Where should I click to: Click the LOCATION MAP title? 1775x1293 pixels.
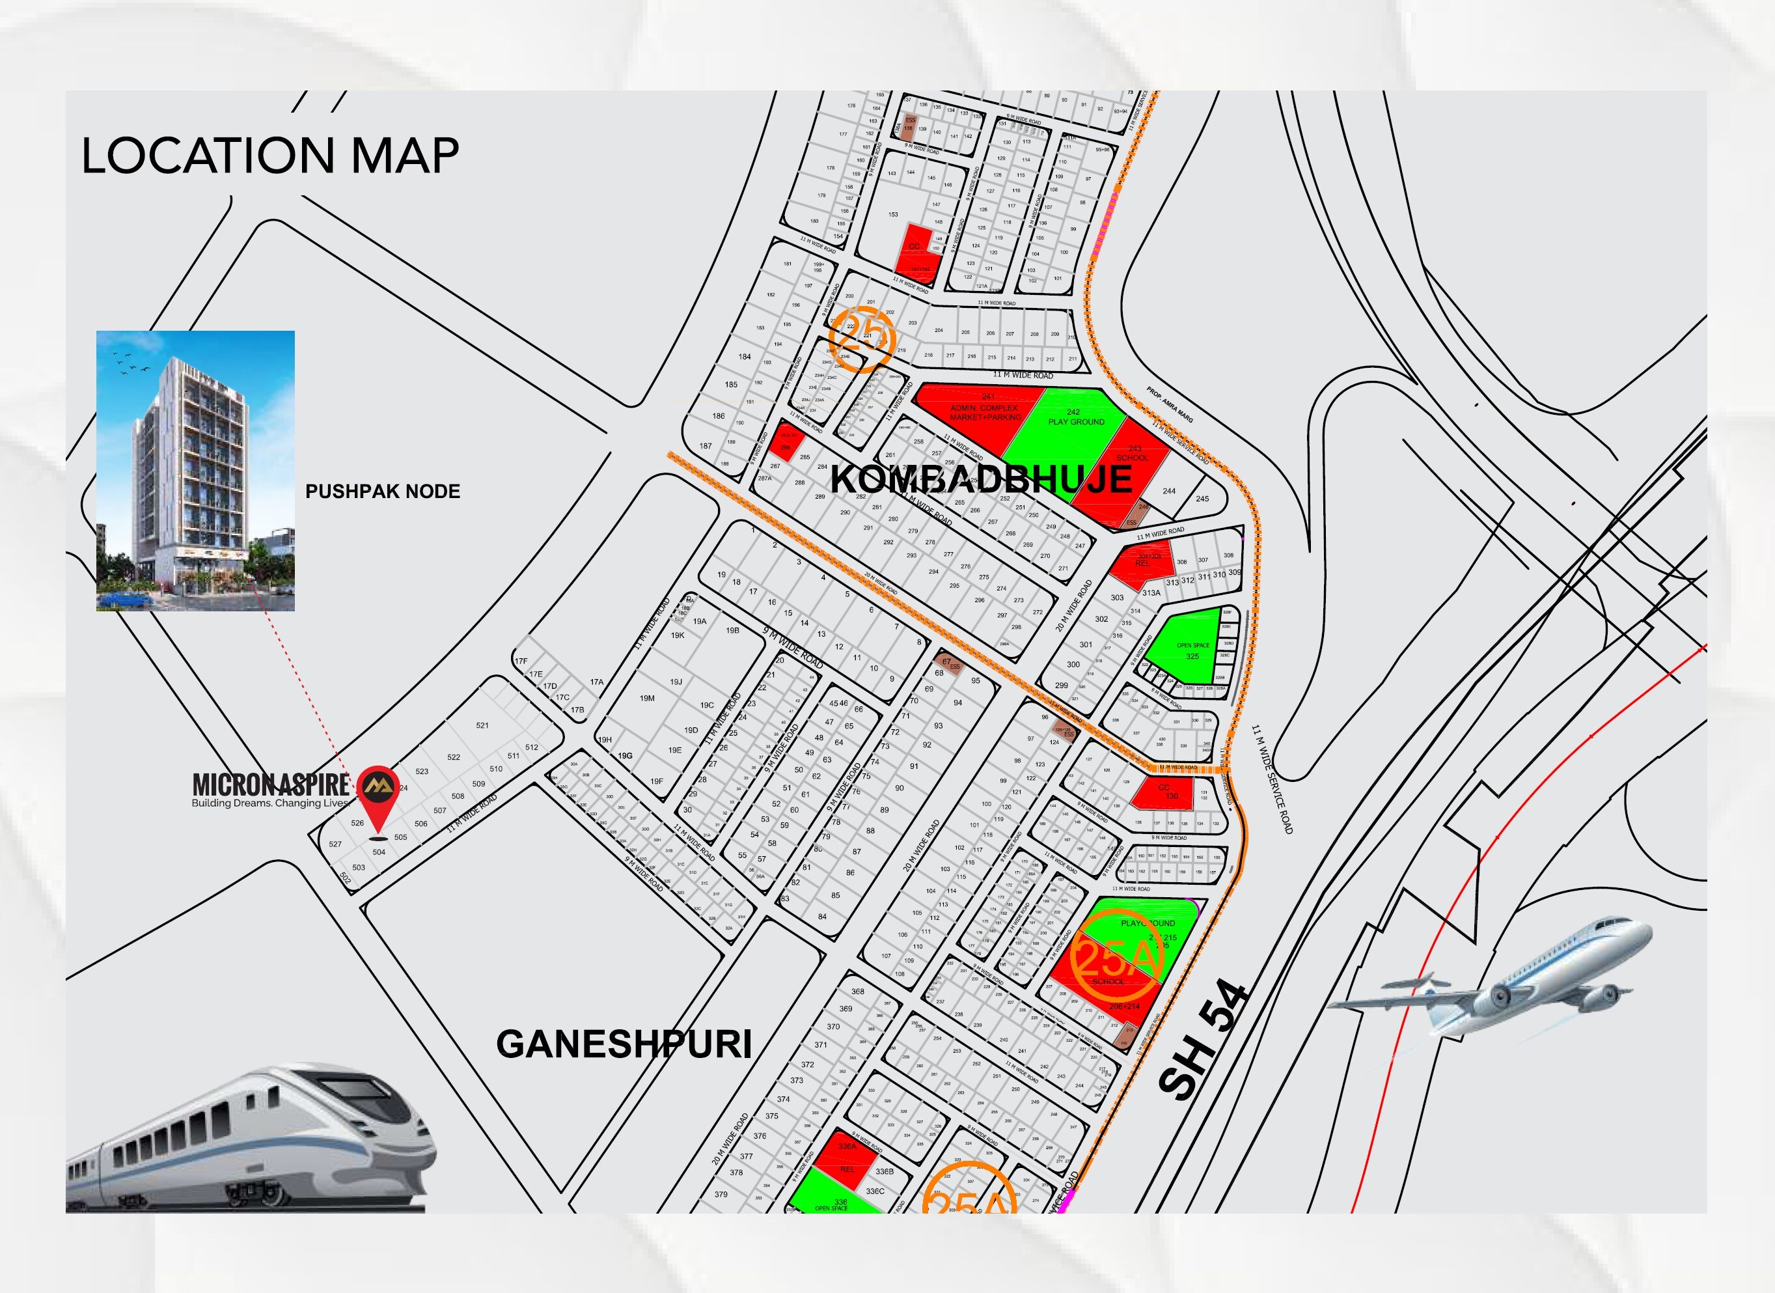[x=270, y=156]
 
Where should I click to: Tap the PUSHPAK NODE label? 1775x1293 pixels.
[x=383, y=492]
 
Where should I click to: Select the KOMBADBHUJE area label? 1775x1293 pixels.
[x=981, y=479]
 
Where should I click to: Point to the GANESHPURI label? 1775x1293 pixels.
[x=624, y=1044]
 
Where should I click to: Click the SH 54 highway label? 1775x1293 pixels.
[x=1202, y=1040]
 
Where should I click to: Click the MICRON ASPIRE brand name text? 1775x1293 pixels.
[x=271, y=783]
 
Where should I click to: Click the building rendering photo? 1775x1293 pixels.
[x=196, y=471]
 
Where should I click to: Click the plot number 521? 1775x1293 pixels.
[x=482, y=725]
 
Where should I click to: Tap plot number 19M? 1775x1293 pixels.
[x=646, y=698]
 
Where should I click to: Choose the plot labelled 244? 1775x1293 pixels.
[x=1168, y=492]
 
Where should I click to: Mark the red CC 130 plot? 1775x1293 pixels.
[x=1163, y=793]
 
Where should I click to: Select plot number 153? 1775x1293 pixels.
[x=893, y=214]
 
